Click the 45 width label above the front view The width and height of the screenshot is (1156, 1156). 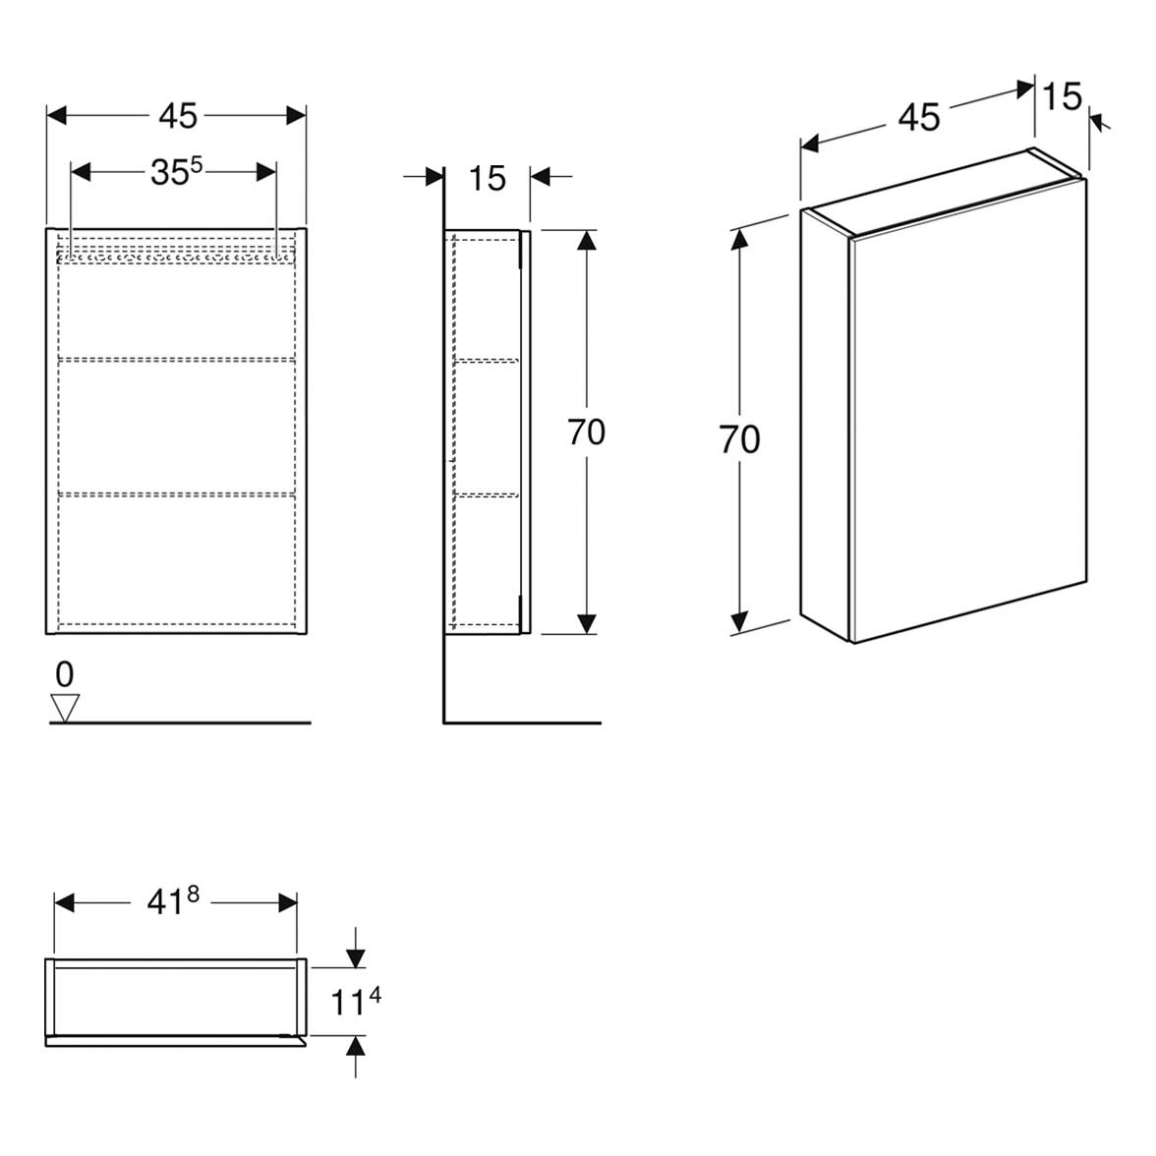(x=178, y=116)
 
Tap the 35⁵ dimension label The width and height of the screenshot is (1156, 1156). (x=176, y=172)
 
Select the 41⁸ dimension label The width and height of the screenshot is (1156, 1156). (x=173, y=900)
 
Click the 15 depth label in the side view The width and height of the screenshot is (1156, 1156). (x=488, y=178)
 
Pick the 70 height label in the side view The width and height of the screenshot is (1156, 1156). (x=586, y=433)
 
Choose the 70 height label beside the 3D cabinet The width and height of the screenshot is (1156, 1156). (x=739, y=439)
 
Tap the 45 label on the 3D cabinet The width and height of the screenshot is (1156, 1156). (x=919, y=117)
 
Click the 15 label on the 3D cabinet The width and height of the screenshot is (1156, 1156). (x=1063, y=96)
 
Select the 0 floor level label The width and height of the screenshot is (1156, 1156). (x=65, y=674)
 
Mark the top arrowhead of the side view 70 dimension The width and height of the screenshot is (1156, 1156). (x=586, y=240)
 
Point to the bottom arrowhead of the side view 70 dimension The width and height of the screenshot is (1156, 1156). (x=586, y=623)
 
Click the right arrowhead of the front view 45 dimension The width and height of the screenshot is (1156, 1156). (x=296, y=116)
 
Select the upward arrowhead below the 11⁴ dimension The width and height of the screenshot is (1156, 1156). (x=356, y=1046)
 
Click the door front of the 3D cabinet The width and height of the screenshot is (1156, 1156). (x=968, y=411)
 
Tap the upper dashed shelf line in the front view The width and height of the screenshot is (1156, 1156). (x=176, y=359)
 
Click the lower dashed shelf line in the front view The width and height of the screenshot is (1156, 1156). (x=176, y=492)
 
